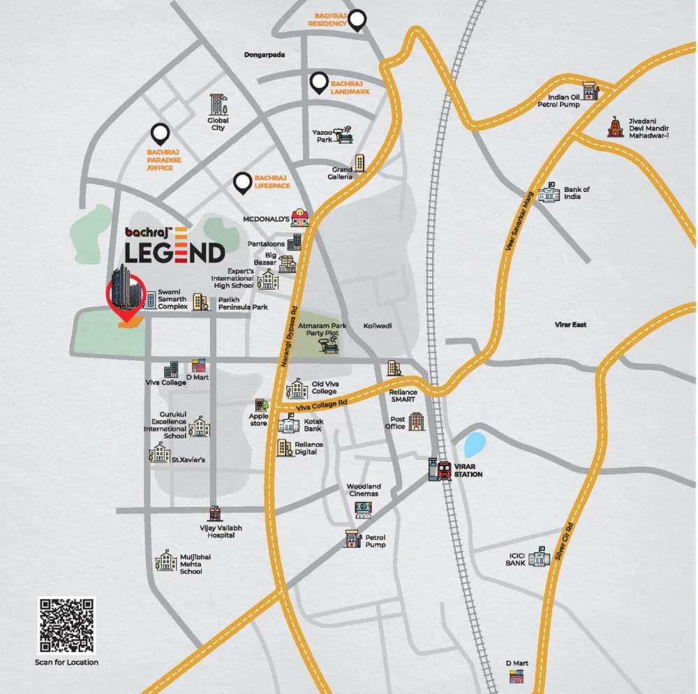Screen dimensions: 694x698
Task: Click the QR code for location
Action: point(66,626)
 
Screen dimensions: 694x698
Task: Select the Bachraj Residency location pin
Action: point(357,20)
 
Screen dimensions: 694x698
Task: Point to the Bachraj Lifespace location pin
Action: point(243,182)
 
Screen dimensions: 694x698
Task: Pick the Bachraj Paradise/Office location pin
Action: point(161,133)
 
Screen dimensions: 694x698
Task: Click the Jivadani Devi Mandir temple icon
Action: point(615,126)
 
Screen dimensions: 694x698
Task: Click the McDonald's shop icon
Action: point(300,217)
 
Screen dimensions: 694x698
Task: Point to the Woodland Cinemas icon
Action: point(364,510)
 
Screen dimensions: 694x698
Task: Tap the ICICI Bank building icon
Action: point(539,556)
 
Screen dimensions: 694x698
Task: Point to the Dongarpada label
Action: point(265,54)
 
